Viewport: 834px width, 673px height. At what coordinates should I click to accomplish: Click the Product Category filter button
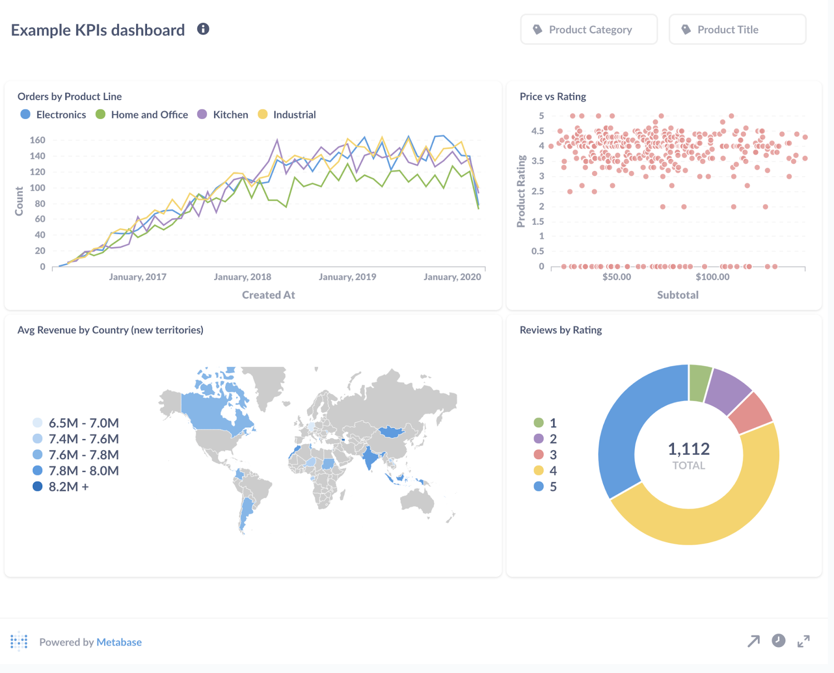[x=588, y=30]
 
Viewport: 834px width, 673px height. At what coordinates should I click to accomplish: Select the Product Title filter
[x=737, y=30]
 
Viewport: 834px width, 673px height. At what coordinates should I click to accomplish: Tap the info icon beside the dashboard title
[x=203, y=29]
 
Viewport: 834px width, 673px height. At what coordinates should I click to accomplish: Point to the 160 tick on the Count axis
[x=38, y=140]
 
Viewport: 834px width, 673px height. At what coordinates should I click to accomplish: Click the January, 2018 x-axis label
[x=242, y=277]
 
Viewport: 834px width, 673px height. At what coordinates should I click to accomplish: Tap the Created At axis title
[x=268, y=295]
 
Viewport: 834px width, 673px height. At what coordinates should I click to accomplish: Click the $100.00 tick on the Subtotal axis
[x=712, y=277]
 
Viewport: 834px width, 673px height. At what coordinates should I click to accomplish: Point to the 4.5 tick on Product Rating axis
[x=537, y=131]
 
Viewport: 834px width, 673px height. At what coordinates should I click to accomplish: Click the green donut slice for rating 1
[x=700, y=383]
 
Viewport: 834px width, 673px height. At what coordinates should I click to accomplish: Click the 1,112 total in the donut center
[x=689, y=449]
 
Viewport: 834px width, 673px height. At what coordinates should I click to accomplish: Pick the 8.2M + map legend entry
[x=68, y=487]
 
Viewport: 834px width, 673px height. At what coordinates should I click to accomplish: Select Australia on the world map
[x=417, y=500]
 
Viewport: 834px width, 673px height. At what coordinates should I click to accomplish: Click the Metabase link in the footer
[x=119, y=642]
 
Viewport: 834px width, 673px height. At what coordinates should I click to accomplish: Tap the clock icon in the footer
[x=778, y=641]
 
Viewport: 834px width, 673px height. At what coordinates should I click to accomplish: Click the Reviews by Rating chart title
[x=560, y=330]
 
